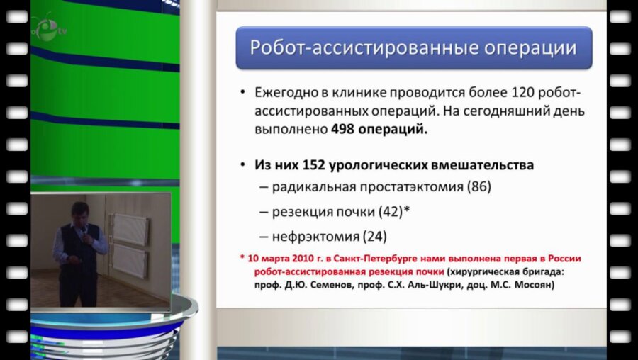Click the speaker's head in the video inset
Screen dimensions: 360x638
(79, 213)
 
